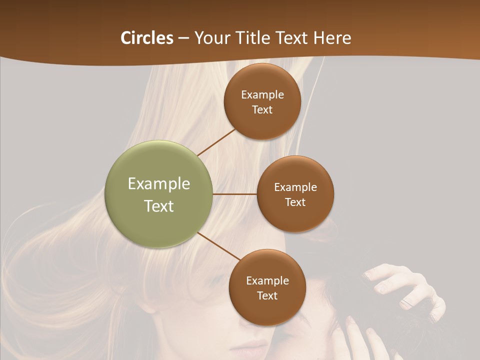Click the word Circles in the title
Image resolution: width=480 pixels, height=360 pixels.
tap(147, 38)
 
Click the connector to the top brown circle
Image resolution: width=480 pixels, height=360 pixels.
tap(216, 142)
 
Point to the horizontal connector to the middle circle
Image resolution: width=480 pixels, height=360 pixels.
tap(234, 194)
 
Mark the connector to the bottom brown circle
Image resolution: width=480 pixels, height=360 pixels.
tap(219, 246)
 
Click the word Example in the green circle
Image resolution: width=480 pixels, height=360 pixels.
tap(159, 184)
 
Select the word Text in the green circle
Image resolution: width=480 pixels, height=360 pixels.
tap(159, 206)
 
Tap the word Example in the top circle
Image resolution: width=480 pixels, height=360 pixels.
tap(262, 95)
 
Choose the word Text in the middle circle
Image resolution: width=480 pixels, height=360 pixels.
tap(295, 202)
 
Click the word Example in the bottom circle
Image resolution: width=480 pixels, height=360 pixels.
tap(267, 280)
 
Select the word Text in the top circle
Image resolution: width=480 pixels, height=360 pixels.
tap(262, 109)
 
